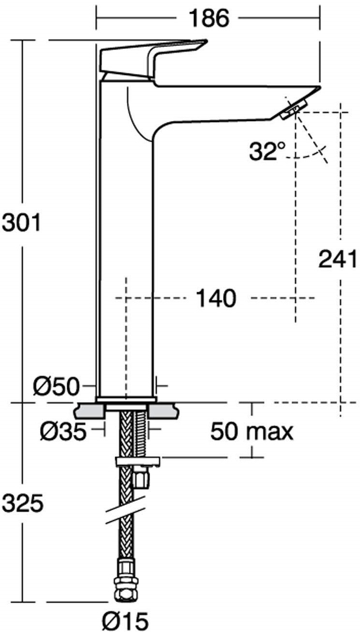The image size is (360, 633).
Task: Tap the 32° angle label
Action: (267, 151)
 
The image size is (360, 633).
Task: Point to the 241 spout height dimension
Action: (337, 259)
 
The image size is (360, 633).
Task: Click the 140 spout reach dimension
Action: (216, 298)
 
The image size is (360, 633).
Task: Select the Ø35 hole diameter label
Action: (63, 432)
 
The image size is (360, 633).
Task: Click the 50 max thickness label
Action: (252, 431)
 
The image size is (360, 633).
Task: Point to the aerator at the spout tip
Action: (294, 107)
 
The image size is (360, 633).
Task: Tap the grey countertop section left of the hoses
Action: (90, 411)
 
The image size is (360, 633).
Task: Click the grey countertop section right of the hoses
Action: (163, 411)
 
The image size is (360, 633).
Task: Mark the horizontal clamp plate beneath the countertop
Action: (137, 461)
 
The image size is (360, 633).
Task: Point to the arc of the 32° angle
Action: (310, 155)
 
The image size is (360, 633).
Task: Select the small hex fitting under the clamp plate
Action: (142, 479)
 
